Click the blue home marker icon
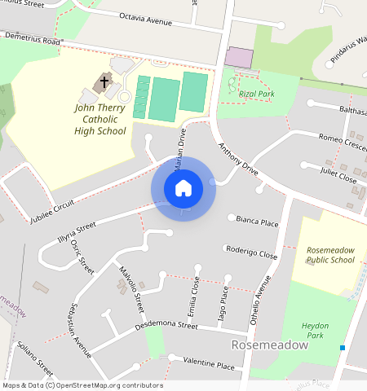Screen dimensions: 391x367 point(183,188)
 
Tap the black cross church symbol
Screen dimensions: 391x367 point(104,81)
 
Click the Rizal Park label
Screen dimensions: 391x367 point(258,94)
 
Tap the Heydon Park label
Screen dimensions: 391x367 point(315,331)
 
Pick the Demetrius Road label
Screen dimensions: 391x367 point(33,39)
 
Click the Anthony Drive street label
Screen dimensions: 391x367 point(237,160)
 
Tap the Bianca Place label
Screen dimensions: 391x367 point(257,222)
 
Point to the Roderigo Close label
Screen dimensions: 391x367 point(251,255)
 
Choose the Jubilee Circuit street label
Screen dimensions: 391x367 point(52,211)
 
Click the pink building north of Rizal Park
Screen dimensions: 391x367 point(239,57)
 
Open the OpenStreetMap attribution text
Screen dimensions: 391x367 point(82,385)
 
